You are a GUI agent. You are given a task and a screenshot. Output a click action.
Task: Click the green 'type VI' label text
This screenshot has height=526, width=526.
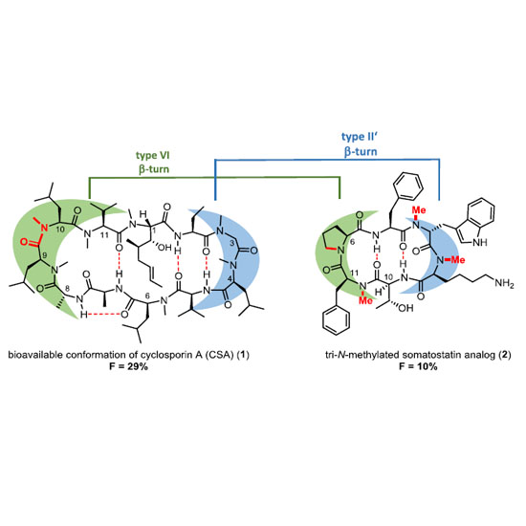[x=153, y=156]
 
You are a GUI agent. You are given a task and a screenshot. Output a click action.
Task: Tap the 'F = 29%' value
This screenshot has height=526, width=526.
[x=128, y=366]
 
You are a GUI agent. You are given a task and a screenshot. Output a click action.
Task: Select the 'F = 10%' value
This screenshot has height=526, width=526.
[x=418, y=366]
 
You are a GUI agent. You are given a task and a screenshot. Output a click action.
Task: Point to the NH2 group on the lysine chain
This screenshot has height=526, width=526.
[x=505, y=283]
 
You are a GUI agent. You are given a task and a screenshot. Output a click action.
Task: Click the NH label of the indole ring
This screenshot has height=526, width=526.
[x=480, y=242]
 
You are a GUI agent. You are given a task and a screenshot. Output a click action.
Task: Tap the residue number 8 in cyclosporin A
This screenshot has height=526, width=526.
[x=67, y=288]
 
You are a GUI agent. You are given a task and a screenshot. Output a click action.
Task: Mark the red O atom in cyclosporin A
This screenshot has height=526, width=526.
[x=24, y=242]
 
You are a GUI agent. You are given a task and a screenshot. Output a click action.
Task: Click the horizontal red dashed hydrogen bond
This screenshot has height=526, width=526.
[x=104, y=315]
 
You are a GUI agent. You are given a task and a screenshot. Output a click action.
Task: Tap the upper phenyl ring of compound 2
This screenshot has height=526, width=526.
[x=408, y=186]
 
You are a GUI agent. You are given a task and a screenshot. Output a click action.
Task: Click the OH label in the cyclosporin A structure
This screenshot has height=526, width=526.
[x=164, y=248]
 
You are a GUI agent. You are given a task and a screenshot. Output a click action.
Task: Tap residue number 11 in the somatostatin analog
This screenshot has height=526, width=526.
[x=353, y=272]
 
